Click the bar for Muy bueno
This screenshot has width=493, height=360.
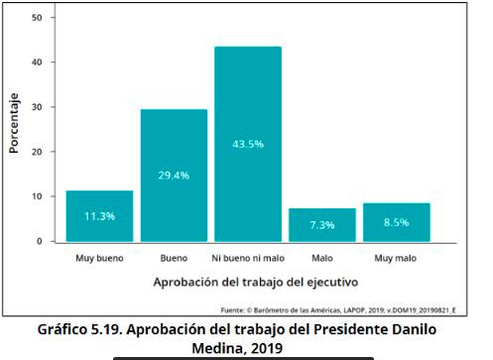99,215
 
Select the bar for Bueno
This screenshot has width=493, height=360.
174,175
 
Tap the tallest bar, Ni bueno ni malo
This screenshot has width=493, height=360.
248,144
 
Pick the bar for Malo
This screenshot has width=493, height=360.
322,224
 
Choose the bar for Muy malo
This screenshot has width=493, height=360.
397,221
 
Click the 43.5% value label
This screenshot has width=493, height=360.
248,143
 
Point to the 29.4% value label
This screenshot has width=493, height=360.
174,175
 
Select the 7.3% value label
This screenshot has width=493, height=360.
322,225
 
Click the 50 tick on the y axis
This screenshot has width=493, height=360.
37,18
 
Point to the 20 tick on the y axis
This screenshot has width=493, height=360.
37,152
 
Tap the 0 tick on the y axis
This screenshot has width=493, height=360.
40,241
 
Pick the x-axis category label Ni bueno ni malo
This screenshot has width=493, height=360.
248,259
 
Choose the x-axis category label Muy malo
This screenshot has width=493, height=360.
397,259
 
